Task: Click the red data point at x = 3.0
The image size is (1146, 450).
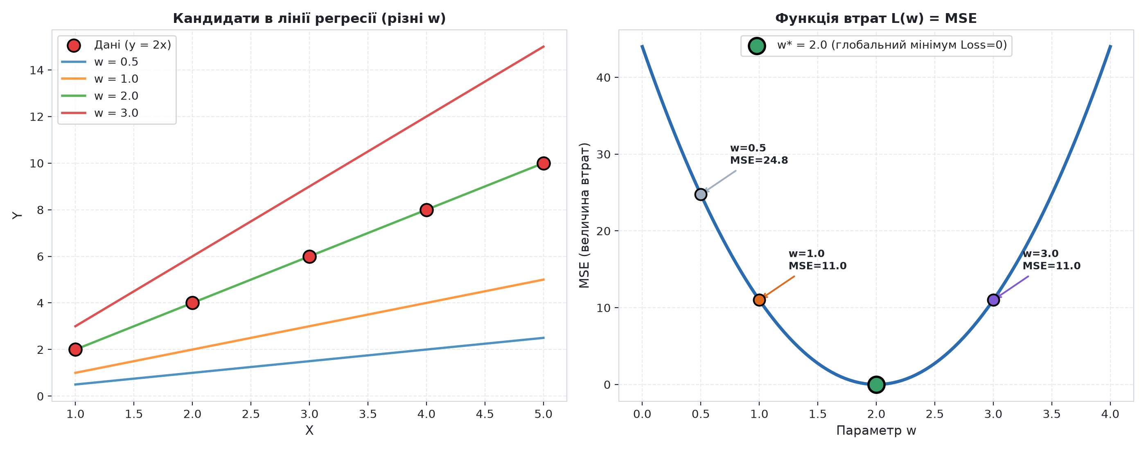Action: tap(309, 256)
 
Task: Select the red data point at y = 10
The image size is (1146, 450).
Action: tap(543, 163)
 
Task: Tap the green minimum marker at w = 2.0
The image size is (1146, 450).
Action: tap(876, 384)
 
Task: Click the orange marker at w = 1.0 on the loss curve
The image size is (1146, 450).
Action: tap(759, 300)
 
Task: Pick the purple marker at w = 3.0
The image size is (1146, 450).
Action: tap(993, 300)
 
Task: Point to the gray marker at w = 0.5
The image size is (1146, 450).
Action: tap(701, 194)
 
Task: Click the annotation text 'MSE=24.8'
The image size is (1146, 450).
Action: tap(759, 160)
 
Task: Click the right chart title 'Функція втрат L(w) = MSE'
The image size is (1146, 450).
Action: tap(876, 19)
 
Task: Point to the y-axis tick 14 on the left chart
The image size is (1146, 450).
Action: tap(37, 70)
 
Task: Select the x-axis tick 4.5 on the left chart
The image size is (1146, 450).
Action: tap(485, 414)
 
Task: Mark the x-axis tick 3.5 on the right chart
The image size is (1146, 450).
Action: tap(1052, 414)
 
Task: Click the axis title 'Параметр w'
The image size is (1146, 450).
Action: tap(876, 430)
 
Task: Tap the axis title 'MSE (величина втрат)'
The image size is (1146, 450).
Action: tap(584, 215)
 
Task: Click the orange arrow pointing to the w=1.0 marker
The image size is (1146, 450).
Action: tap(778, 287)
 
